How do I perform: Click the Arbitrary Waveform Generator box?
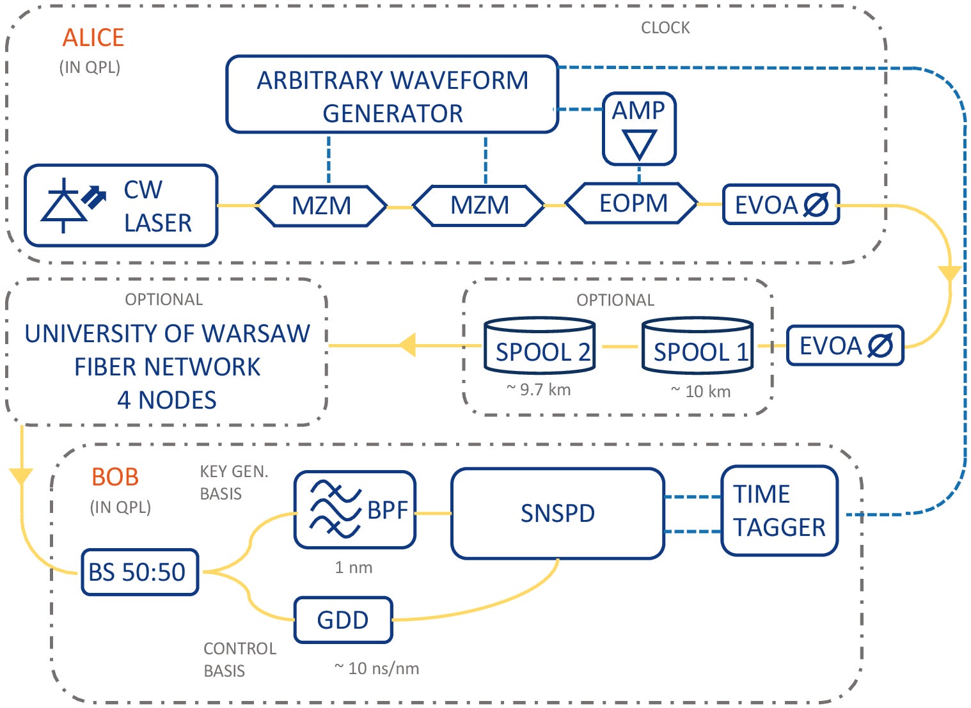(x=392, y=95)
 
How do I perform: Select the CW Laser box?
(x=121, y=205)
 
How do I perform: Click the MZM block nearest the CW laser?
(x=321, y=206)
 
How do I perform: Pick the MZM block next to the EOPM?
(x=479, y=206)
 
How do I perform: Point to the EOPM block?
(x=632, y=203)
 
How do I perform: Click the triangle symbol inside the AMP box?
(x=639, y=144)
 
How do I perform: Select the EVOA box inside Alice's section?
(x=780, y=205)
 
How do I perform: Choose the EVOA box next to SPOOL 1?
(x=844, y=346)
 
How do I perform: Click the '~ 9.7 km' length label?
(x=539, y=389)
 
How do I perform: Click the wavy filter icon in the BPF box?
(x=335, y=509)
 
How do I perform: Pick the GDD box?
(x=343, y=620)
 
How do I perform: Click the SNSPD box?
(x=557, y=514)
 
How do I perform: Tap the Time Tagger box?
(x=778, y=510)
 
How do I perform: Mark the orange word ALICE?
(x=93, y=38)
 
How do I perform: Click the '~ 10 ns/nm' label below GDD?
(x=377, y=668)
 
